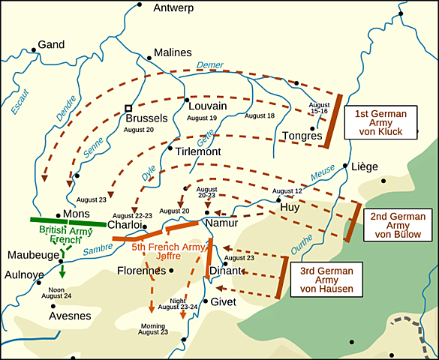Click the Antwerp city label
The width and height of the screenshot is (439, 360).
[173, 8]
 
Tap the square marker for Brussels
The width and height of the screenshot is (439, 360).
[129, 108]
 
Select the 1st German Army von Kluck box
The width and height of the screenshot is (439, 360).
[379, 121]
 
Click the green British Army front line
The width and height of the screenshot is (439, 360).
[68, 222]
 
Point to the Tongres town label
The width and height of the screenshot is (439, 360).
[302, 136]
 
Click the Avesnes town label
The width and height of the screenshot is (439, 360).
[70, 316]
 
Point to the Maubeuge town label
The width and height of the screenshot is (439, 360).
[32, 255]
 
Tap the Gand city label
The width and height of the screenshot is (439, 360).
[52, 45]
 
